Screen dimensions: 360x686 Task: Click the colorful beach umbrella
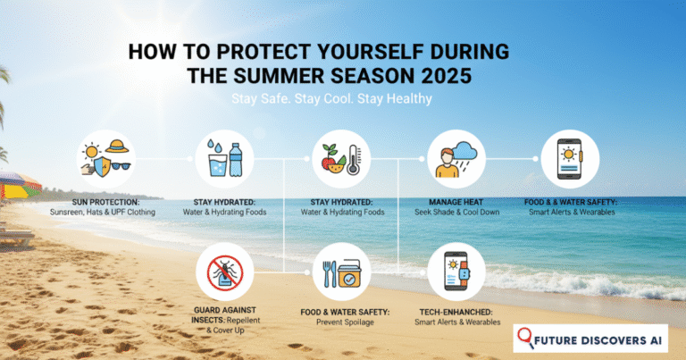coord(18,183)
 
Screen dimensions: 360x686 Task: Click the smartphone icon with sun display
coord(572,159)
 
